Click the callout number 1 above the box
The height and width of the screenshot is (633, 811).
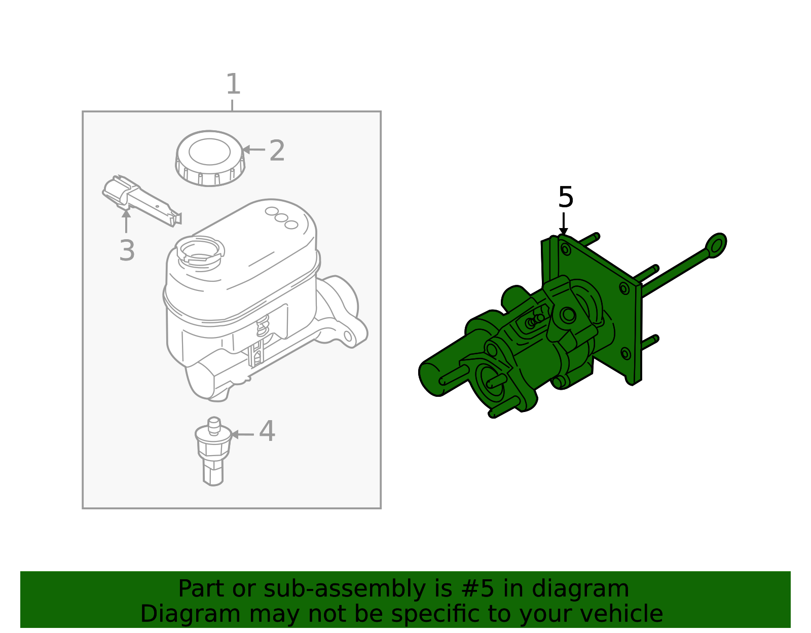tap(233, 84)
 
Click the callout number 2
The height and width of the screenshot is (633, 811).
tap(277, 151)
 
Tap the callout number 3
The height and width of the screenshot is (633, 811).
tap(127, 250)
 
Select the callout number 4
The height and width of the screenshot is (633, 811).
tap(267, 432)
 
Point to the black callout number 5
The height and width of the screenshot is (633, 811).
tap(565, 197)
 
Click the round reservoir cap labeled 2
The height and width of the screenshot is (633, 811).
tap(210, 158)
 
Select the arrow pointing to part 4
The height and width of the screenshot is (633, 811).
tap(241, 434)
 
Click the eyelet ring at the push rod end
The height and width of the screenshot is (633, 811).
tap(716, 245)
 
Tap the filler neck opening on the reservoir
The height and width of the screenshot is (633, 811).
tap(200, 250)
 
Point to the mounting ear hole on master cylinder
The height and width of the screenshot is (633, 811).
tap(348, 337)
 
